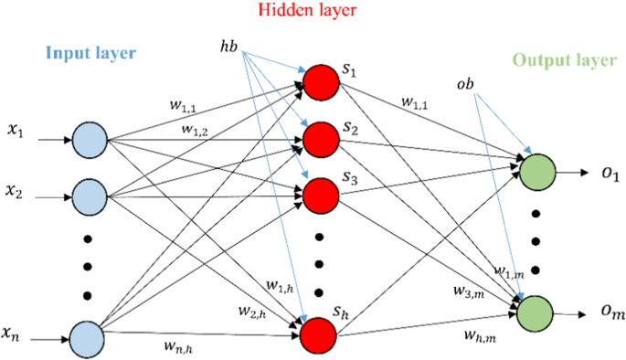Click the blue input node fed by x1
click(90, 142)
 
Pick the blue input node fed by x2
click(90, 195)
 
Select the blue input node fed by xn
click(90, 337)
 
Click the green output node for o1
click(536, 172)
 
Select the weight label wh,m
click(480, 339)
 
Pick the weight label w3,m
click(468, 291)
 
